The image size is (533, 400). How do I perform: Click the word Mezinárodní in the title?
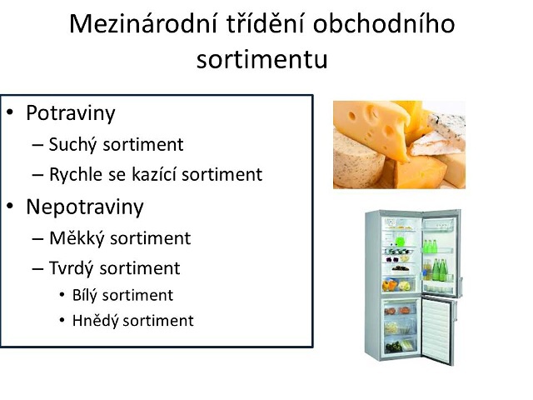coord(143,24)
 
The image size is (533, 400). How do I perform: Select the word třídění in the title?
coord(265,24)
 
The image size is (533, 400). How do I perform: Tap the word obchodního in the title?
coord(384,24)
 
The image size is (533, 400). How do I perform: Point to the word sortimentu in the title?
coord(262,59)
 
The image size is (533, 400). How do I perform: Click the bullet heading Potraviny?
coord(71,113)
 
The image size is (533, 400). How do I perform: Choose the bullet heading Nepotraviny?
coord(85,207)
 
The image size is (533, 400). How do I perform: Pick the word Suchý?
coord(73,145)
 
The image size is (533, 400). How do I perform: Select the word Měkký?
coord(77,238)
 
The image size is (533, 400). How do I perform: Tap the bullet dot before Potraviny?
coord(10,112)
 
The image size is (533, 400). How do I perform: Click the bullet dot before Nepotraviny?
coord(10,206)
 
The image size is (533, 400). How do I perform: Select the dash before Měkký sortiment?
coord(37,239)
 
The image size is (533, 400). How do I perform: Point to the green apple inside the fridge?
coord(400,242)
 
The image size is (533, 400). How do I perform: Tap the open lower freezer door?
coord(437,329)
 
